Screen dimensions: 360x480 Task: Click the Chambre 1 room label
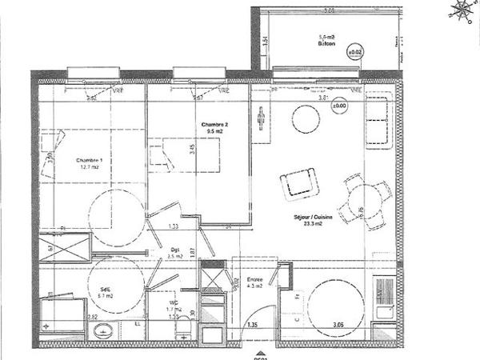click(x=89, y=159)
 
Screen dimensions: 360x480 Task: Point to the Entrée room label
click(x=255, y=279)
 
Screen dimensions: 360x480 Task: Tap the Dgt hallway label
click(x=174, y=249)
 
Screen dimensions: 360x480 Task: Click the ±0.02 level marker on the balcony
click(x=354, y=53)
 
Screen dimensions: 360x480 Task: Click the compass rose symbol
click(x=460, y=10)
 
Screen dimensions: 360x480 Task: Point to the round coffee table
click(x=306, y=118)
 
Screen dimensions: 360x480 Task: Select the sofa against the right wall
click(x=378, y=120)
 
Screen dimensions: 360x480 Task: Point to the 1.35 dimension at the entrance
click(x=253, y=325)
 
